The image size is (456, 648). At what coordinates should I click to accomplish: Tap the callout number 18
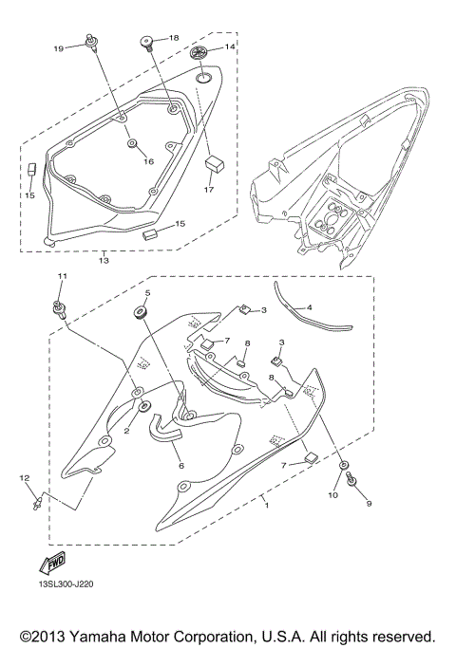(x=173, y=37)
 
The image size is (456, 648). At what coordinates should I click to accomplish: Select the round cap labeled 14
(x=201, y=51)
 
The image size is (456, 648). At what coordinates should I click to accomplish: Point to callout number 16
(x=148, y=161)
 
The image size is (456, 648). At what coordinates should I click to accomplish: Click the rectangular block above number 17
(x=214, y=164)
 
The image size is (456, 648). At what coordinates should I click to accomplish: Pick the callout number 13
(x=103, y=258)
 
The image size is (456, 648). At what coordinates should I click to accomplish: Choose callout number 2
(x=125, y=431)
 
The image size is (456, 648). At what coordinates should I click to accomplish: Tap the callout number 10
(x=332, y=494)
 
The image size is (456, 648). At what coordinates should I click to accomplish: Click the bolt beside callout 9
(x=353, y=483)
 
